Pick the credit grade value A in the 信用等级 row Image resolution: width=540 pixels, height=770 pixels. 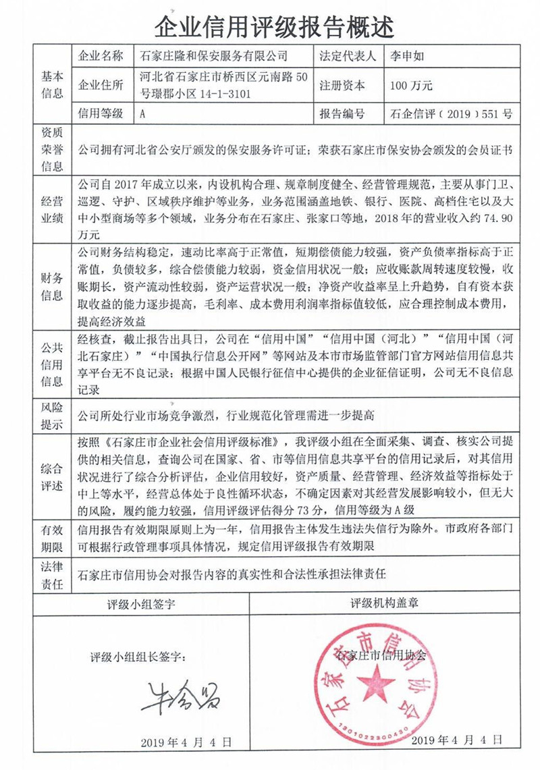142,114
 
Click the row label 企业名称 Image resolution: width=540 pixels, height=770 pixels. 102,56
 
